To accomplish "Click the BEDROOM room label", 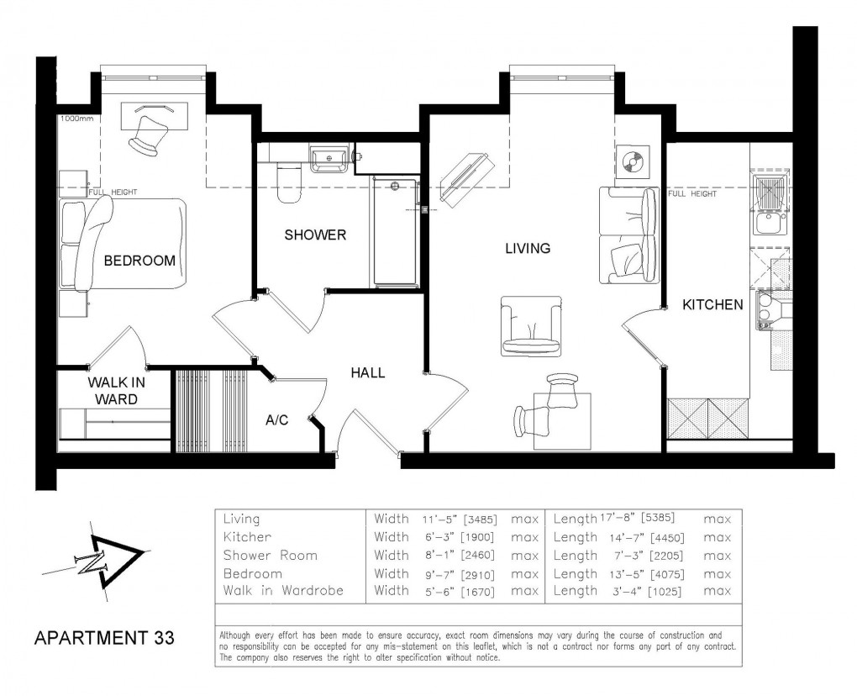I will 139,261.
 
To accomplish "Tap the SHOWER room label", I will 315,235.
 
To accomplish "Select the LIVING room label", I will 528,248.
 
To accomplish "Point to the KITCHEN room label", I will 712,304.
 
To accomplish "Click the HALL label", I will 368,372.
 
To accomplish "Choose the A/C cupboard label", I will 277,420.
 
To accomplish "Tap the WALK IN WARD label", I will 116,391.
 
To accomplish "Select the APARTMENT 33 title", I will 104,638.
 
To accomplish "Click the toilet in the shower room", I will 288,183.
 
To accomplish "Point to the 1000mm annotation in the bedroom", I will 77,119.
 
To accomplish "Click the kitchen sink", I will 768,223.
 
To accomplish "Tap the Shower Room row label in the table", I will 270,556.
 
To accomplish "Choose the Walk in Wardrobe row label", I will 283,591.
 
